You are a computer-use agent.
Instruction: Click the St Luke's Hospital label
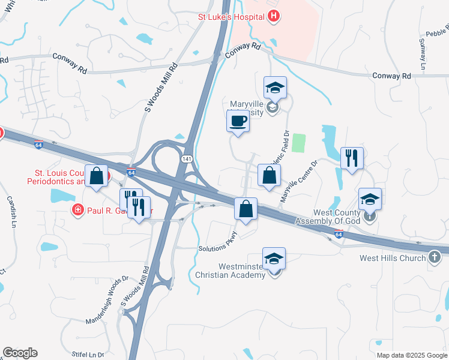(231, 17)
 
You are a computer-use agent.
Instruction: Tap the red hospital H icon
(274, 16)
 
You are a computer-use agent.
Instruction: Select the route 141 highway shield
(187, 158)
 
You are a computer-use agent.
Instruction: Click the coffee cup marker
(238, 121)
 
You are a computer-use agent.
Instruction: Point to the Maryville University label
(247, 107)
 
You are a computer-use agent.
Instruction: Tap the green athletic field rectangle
(299, 143)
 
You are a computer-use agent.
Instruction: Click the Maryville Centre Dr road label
(298, 180)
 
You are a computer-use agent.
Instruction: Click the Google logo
(20, 353)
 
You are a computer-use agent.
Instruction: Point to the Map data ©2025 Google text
(411, 355)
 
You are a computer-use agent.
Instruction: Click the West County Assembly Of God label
(336, 217)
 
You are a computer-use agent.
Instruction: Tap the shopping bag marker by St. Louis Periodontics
(97, 176)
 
